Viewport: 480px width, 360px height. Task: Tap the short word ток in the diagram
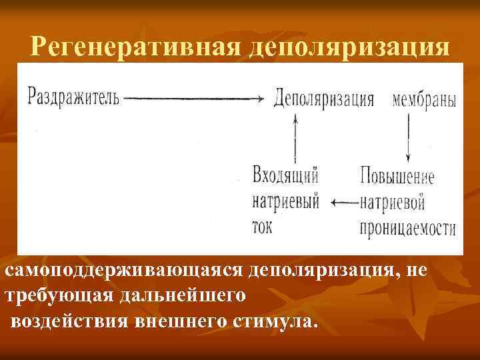(263, 225)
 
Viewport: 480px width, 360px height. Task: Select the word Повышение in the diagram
(397, 177)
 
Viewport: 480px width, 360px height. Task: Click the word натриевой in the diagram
(393, 202)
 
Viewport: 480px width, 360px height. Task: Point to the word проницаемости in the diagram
(407, 227)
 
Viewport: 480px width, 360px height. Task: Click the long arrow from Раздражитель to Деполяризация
(194, 99)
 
